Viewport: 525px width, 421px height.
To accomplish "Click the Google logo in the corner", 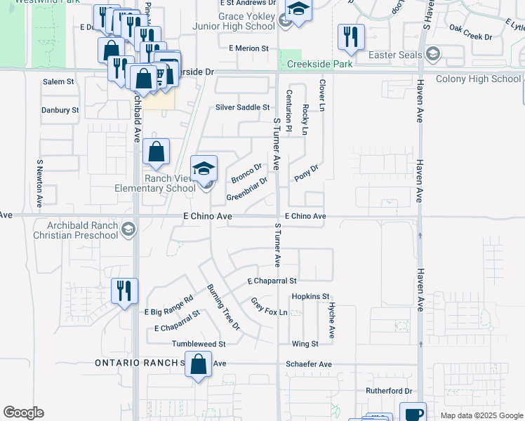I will point(23,413).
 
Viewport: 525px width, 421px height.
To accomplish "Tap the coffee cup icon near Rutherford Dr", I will point(413,413).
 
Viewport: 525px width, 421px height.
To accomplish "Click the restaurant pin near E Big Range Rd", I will point(125,291).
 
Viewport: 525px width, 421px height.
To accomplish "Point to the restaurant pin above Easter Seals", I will point(351,37).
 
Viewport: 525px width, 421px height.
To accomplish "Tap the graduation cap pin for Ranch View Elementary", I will point(204,169).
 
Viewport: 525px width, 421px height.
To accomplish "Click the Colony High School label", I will point(478,79).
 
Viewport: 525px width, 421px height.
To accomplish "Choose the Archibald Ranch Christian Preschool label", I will point(74,230).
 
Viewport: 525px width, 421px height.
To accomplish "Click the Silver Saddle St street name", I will point(242,107).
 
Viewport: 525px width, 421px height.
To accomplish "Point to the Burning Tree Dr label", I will point(222,307).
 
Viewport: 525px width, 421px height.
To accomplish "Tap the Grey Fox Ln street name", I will point(270,306).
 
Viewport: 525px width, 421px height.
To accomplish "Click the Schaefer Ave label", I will point(309,364).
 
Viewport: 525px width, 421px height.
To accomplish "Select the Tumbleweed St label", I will point(199,345).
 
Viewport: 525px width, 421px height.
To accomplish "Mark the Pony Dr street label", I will point(307,173).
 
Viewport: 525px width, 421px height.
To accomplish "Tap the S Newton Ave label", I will point(40,183).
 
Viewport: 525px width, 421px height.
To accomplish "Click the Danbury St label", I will point(60,110).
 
